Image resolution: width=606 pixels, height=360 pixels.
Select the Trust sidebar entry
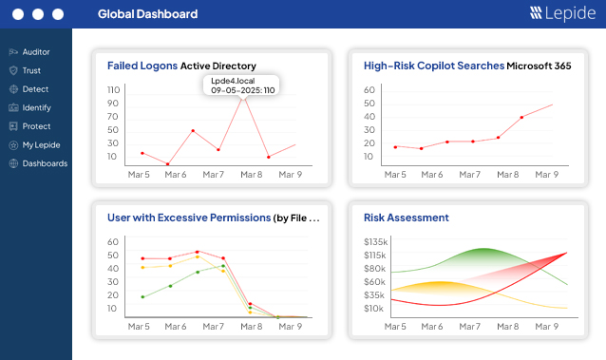pyautogui.click(x=31, y=70)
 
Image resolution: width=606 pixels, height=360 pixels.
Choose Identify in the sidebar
pyautogui.click(x=36, y=107)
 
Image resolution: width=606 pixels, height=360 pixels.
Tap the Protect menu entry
pyautogui.click(x=35, y=126)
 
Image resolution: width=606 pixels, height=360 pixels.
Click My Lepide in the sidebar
pyautogui.click(x=39, y=144)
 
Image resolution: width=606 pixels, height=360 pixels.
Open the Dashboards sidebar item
pyautogui.click(x=44, y=163)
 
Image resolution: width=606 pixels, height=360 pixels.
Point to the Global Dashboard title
pyautogui.click(x=147, y=14)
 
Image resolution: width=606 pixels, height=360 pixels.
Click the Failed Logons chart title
pyautogui.click(x=142, y=66)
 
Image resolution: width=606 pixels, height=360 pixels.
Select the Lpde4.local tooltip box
pyautogui.click(x=242, y=85)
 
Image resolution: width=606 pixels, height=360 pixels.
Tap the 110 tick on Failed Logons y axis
pyautogui.click(x=113, y=89)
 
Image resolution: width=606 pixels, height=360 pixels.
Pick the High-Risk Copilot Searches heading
pyautogui.click(x=434, y=66)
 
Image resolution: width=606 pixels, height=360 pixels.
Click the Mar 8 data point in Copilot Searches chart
pyautogui.click(x=521, y=118)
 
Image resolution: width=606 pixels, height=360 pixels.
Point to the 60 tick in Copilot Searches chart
pyautogui.click(x=370, y=89)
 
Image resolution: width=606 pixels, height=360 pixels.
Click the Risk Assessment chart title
pyautogui.click(x=406, y=218)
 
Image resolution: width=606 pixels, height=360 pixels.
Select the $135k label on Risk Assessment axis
pyautogui.click(x=375, y=242)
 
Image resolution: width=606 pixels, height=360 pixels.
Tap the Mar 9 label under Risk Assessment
pyautogui.click(x=546, y=326)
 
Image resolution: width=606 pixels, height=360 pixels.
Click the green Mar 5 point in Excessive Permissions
pyautogui.click(x=142, y=297)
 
